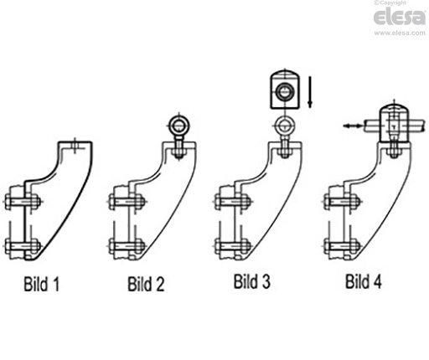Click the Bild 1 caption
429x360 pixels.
(x=42, y=284)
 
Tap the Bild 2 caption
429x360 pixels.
(x=146, y=284)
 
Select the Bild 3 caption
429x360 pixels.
(x=252, y=281)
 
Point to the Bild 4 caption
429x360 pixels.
(x=364, y=281)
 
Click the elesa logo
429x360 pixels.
(x=400, y=17)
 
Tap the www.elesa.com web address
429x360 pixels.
(x=400, y=33)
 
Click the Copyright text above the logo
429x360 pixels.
(x=390, y=3)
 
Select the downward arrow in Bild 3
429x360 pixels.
(x=309, y=92)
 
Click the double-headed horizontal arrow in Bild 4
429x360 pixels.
(x=353, y=126)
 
